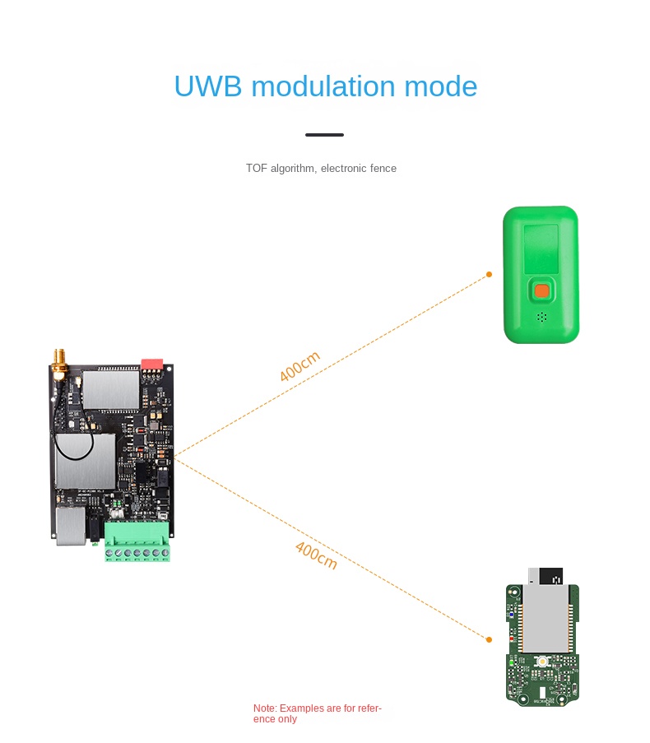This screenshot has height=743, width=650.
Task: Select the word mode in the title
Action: [x=440, y=86]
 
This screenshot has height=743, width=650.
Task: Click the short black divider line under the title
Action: [x=324, y=135]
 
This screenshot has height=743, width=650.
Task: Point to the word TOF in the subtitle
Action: [x=256, y=169]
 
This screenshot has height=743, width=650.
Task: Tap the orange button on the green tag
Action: [x=541, y=290]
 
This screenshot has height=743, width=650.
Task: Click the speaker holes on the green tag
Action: [x=541, y=316]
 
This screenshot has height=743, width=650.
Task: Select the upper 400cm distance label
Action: [x=299, y=367]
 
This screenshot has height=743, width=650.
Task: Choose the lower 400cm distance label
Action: [x=316, y=555]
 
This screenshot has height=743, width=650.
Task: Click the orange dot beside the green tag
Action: [x=489, y=274]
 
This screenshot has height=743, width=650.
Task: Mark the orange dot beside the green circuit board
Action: [x=489, y=639]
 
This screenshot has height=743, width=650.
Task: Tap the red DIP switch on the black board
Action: [x=152, y=363]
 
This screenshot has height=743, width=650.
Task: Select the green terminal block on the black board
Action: [x=137, y=541]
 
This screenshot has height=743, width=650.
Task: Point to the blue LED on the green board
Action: [x=511, y=613]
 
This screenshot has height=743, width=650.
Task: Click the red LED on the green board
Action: [x=511, y=639]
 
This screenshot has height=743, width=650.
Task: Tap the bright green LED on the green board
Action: [x=511, y=662]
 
